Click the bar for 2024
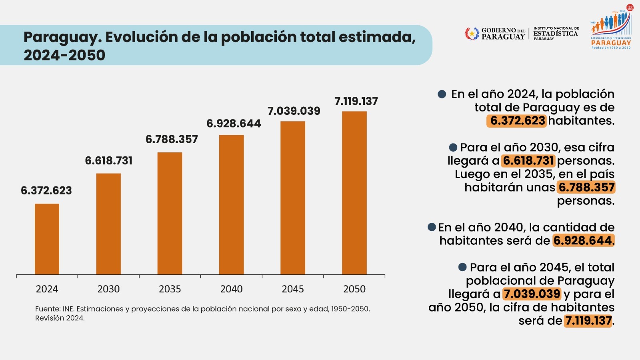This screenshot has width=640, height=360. [x=47, y=239]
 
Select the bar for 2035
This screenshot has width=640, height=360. [x=170, y=213]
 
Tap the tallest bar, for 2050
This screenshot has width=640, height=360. [x=354, y=193]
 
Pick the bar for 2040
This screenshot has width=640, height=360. [x=231, y=205]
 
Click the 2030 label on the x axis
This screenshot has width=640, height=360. [x=108, y=289]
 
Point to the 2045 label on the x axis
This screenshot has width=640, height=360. [x=293, y=289]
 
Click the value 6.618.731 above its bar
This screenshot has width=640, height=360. [x=109, y=161]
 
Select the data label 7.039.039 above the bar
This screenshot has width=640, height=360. [x=294, y=111]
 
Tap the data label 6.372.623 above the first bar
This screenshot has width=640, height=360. [x=46, y=191]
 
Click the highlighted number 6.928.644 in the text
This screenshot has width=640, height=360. [x=583, y=240]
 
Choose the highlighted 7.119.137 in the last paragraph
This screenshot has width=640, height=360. [x=588, y=321]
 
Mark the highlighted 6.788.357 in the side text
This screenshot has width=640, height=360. [x=586, y=187]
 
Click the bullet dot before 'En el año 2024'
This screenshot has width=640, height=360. [x=442, y=94]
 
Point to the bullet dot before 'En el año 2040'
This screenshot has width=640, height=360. [x=432, y=227]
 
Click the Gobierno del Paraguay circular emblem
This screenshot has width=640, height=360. [x=472, y=34]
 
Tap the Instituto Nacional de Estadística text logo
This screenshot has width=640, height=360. [x=556, y=33]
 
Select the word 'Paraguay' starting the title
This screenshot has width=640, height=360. [x=62, y=37]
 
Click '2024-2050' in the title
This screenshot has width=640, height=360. [x=64, y=55]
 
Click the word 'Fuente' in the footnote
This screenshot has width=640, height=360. [x=47, y=309]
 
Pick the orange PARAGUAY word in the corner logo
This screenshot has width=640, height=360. [x=611, y=43]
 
